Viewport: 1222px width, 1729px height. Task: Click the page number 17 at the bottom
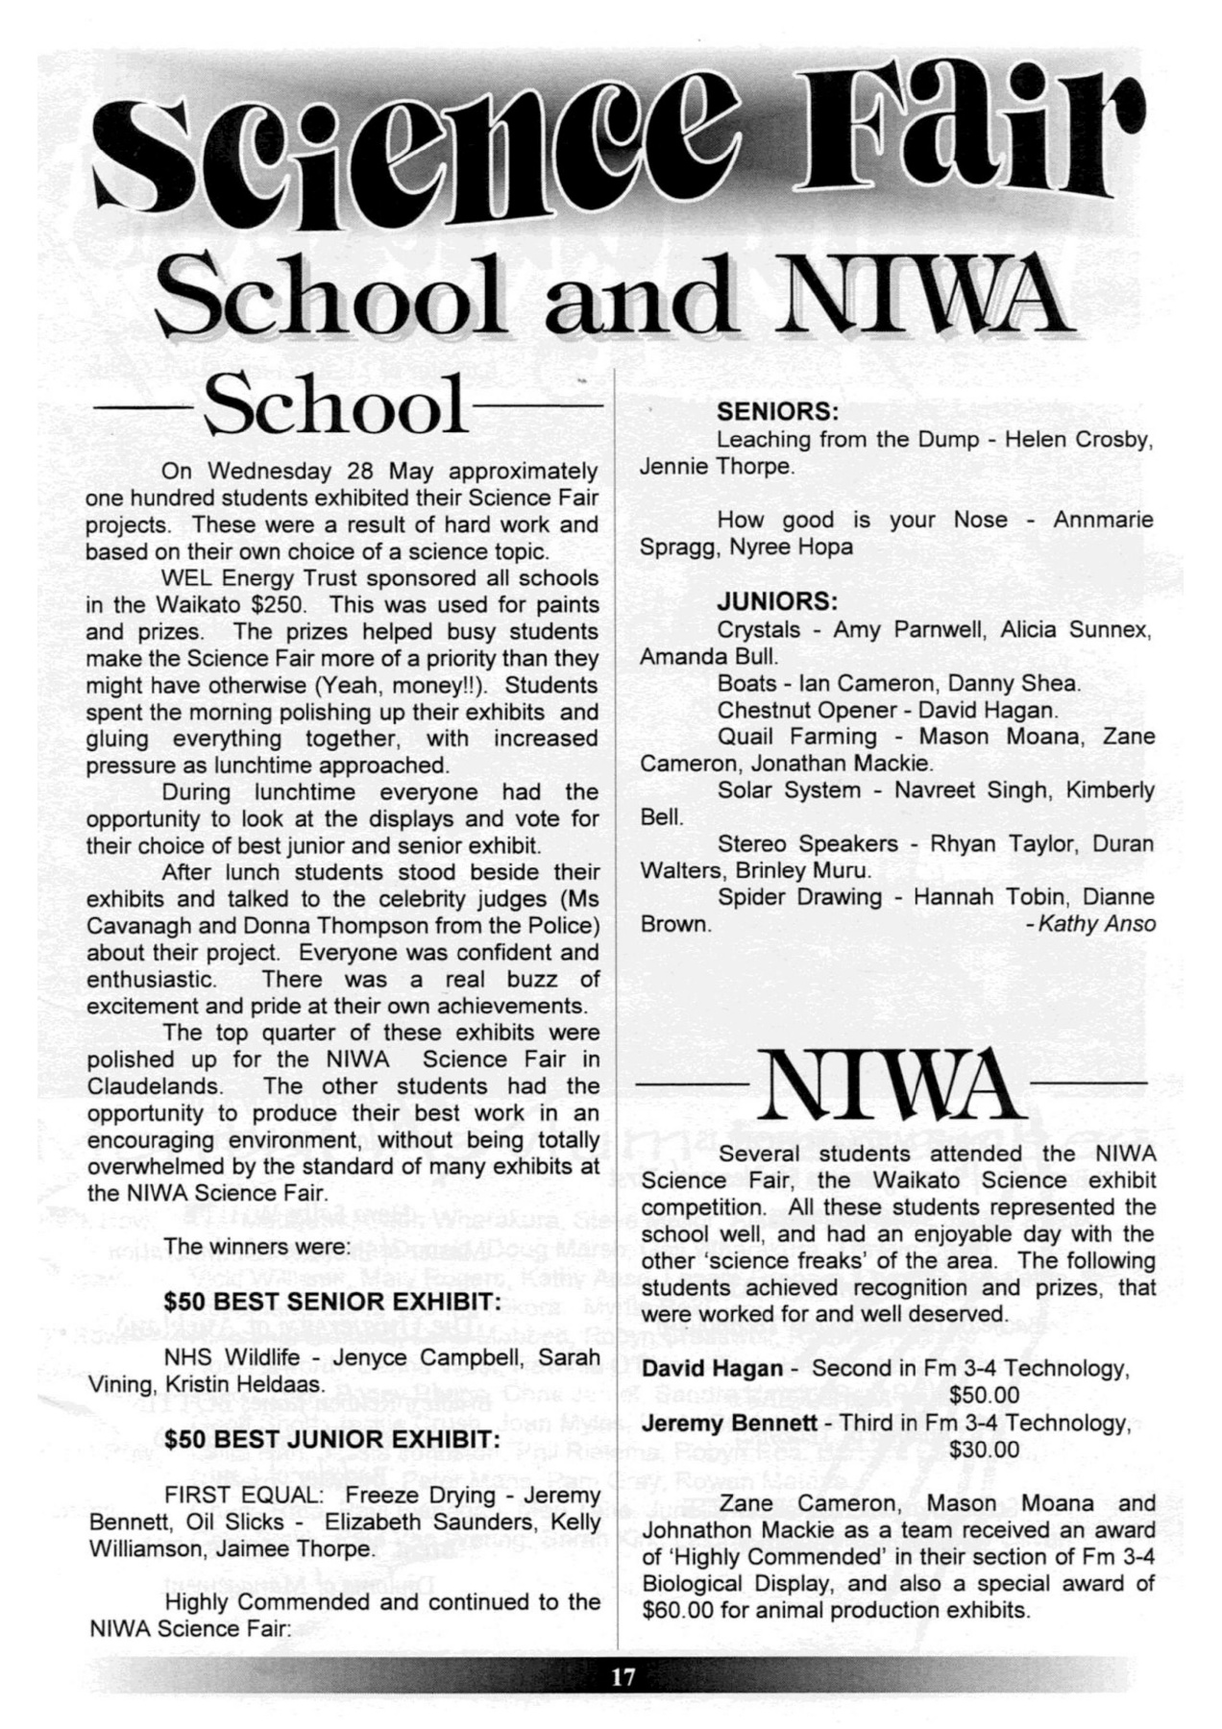[x=623, y=1677]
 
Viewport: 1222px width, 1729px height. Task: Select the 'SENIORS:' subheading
[x=778, y=412]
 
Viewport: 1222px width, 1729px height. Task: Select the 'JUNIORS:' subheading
[x=777, y=601]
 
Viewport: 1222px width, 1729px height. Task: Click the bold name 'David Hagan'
[x=712, y=1368]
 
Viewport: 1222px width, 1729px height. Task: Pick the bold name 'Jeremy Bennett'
[x=729, y=1422]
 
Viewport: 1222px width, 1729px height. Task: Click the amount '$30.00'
[x=984, y=1449]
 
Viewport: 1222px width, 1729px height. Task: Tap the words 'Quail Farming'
[x=796, y=737]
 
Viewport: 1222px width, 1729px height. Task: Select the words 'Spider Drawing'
[x=799, y=897]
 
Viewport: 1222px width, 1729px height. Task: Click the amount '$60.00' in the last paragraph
[x=678, y=1610]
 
